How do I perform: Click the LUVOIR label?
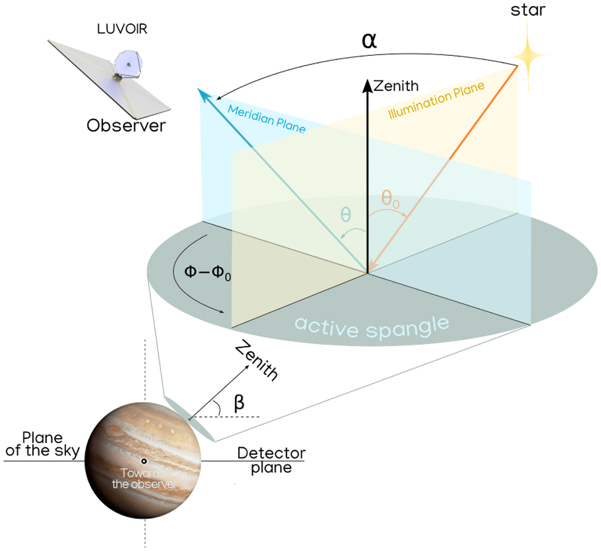click(122, 29)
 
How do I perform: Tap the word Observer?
click(126, 125)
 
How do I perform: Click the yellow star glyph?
click(528, 56)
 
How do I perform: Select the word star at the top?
click(528, 10)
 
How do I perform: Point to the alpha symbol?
click(369, 41)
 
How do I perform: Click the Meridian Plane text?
click(266, 119)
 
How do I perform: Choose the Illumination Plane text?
click(436, 100)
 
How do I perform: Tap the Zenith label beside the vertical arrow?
click(396, 86)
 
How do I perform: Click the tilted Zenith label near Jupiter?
click(256, 360)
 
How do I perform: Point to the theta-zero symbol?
click(390, 199)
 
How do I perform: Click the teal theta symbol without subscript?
click(346, 215)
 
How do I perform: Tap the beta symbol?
click(239, 403)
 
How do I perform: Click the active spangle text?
click(372, 327)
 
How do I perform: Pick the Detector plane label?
click(271, 460)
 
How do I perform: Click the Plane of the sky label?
click(43, 444)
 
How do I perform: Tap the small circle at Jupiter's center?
click(144, 461)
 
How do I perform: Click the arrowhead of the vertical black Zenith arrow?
click(367, 86)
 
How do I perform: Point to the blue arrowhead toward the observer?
click(204, 95)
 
